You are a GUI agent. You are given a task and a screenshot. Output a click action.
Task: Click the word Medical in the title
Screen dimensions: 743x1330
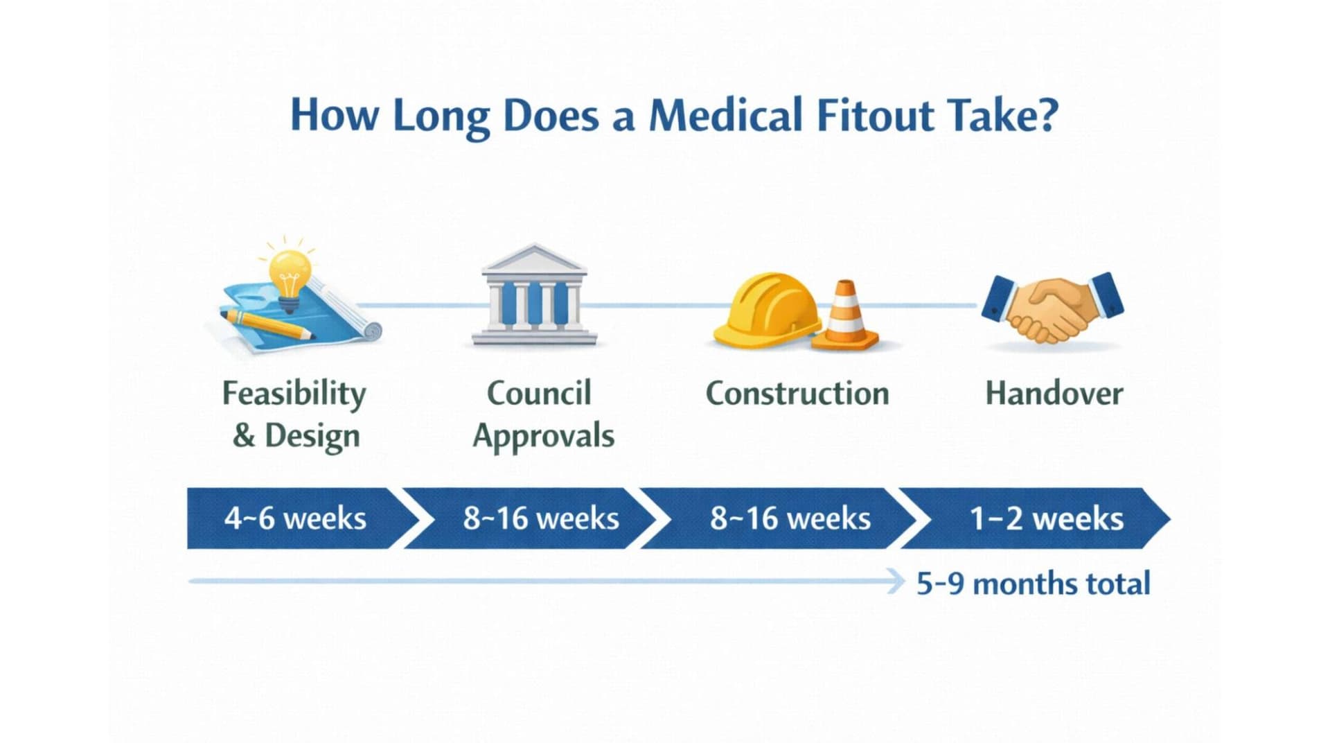[x=725, y=115]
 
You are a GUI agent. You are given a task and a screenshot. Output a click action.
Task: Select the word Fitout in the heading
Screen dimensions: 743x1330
[x=875, y=115]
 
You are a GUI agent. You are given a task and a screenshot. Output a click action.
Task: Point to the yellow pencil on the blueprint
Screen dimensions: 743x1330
[x=267, y=324]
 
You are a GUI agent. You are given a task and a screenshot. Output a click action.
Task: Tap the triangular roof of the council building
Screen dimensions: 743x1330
[x=533, y=259]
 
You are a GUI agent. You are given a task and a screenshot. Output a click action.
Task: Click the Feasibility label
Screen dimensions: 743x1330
[x=294, y=394]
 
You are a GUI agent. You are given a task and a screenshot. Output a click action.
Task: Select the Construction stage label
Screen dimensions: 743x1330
[x=797, y=394]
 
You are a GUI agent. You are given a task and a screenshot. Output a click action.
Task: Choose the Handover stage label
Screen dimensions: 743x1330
[x=1054, y=394]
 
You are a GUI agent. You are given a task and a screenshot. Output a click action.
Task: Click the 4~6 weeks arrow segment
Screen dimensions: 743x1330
[x=295, y=518]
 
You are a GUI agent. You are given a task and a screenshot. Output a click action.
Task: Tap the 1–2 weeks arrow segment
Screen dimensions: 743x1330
[x=1046, y=518]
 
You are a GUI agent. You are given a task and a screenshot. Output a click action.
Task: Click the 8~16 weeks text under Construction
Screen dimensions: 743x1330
[x=790, y=518]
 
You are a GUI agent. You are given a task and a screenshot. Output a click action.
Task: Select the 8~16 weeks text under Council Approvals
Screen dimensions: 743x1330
[x=541, y=518]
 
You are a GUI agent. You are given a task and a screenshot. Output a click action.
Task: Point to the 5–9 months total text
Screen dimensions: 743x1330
[x=1033, y=584]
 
